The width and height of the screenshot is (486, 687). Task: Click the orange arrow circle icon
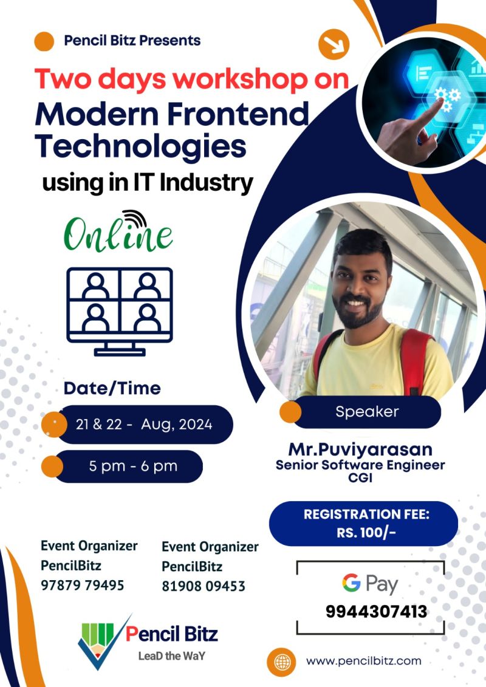334,44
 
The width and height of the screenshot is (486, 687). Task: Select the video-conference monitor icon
119,311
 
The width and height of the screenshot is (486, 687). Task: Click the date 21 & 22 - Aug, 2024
144,424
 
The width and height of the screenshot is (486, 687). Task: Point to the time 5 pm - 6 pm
133,466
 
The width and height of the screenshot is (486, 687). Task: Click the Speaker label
368,411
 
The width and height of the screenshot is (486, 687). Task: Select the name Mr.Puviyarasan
360,449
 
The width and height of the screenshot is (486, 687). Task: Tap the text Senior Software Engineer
360,465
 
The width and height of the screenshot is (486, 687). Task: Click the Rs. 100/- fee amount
366,532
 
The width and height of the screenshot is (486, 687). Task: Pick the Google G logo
352,583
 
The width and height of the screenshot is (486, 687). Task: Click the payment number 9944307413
376,611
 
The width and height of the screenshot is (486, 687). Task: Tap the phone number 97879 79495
83,585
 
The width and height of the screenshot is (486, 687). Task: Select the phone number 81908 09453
204,586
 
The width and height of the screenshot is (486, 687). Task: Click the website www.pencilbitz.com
364,661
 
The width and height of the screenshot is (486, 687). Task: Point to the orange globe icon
282,661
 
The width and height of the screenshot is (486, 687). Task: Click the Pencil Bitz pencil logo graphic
101,642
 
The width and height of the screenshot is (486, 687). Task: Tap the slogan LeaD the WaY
172,656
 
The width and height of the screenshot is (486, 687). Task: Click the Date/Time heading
112,388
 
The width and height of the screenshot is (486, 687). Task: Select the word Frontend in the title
238,114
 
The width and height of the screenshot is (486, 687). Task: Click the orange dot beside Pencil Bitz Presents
44,42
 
